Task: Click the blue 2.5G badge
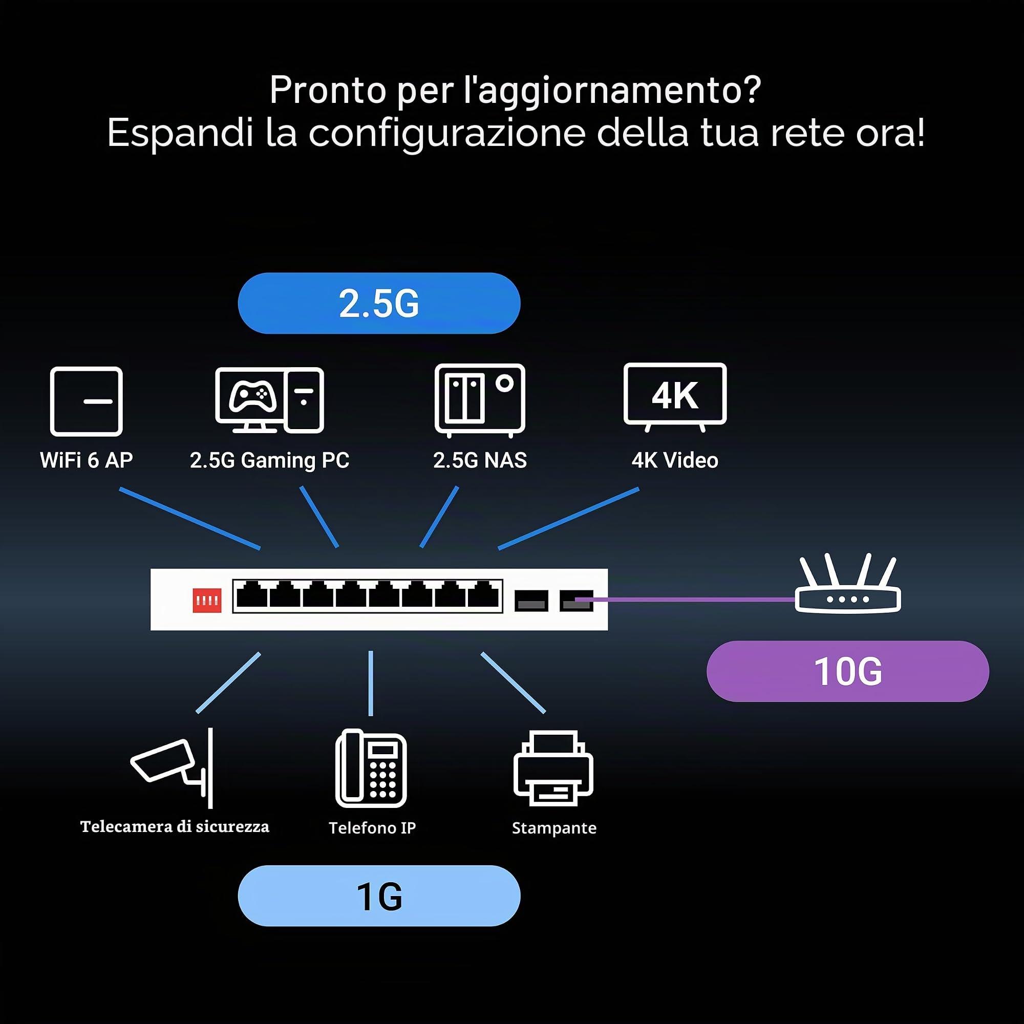[x=379, y=303]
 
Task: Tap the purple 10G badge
[x=847, y=671]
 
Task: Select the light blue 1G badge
[x=379, y=895]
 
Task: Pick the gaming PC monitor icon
[x=270, y=400]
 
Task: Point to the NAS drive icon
[x=480, y=400]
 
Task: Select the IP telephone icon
[x=371, y=768]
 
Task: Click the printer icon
[x=553, y=768]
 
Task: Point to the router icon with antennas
[x=847, y=584]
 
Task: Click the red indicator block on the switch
[x=207, y=600]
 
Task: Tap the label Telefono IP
[x=372, y=828]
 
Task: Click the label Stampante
[x=554, y=828]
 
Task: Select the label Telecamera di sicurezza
[x=175, y=827]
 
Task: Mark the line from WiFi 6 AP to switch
[x=190, y=518]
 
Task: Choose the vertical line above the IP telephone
[x=371, y=683]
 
